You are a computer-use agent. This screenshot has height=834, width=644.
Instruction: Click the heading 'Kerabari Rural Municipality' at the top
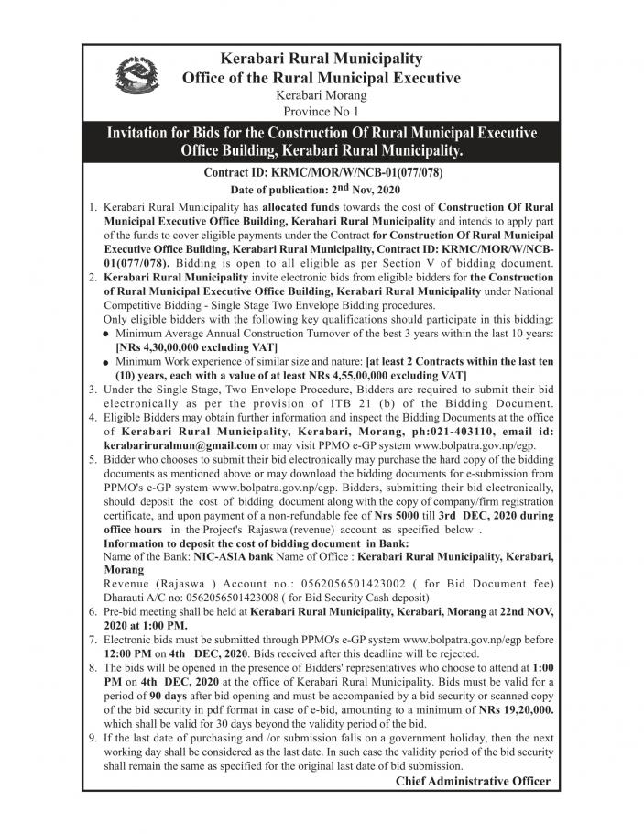[321, 59]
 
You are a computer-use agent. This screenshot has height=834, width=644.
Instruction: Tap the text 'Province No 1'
[321, 110]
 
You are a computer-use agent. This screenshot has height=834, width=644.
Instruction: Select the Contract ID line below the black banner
[321, 172]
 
